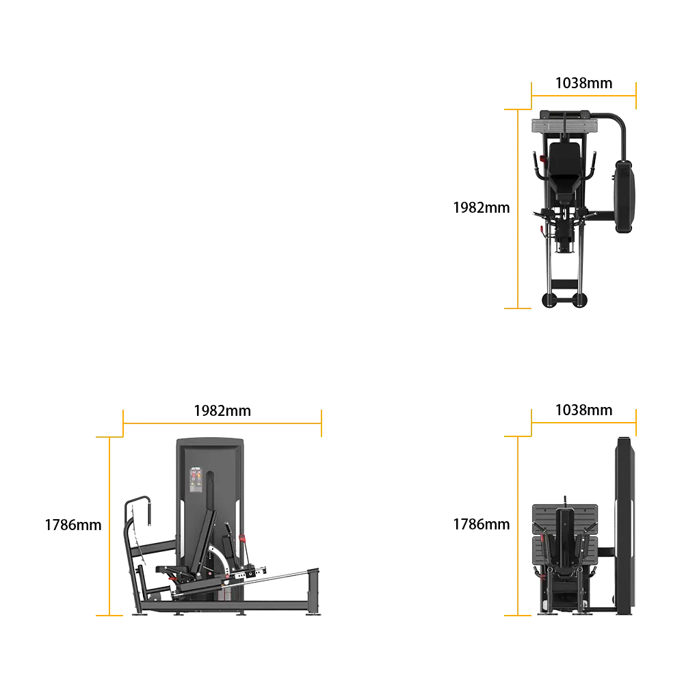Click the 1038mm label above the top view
(x=583, y=83)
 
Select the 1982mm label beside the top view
(x=481, y=208)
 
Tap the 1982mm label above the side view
(x=222, y=410)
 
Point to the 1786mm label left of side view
(x=73, y=525)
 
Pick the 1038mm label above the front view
(x=583, y=410)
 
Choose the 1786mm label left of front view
(x=481, y=524)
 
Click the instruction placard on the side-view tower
(x=196, y=480)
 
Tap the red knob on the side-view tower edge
(x=243, y=539)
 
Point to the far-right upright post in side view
(x=313, y=591)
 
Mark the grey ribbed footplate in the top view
(x=564, y=127)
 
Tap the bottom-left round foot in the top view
(x=549, y=300)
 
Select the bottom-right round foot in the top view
(x=580, y=300)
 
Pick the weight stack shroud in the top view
(x=624, y=196)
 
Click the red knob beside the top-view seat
(x=542, y=159)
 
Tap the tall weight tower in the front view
(x=624, y=525)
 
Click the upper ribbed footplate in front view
(x=564, y=518)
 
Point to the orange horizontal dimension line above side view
(x=222, y=423)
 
